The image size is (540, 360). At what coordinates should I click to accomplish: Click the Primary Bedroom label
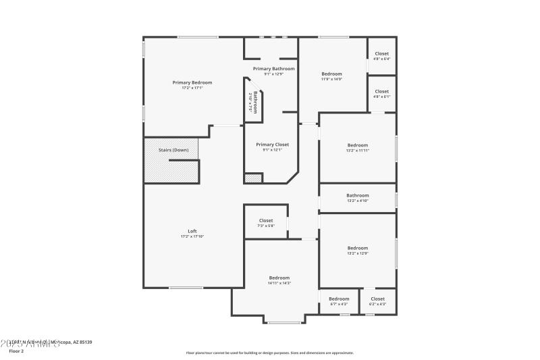point(192,82)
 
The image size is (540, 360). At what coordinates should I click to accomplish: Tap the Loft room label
point(192,231)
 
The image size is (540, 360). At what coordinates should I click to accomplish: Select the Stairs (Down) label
point(173,150)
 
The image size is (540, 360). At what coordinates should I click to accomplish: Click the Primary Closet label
point(273,145)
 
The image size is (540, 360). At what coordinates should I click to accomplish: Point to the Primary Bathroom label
point(273,69)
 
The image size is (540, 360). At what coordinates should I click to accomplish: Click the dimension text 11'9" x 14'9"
point(331,79)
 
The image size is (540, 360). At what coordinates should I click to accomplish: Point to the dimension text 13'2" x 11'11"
point(358,151)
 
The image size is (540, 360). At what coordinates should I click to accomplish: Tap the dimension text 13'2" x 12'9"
point(358,253)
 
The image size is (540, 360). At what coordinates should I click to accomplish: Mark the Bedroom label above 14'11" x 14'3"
point(279,278)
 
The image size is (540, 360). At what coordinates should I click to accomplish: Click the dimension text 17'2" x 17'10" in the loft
point(192,236)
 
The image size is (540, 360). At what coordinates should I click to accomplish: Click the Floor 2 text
point(16,351)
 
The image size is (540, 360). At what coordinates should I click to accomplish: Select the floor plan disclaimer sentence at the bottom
point(269,353)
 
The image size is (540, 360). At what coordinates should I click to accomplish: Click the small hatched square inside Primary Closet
point(253,178)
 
